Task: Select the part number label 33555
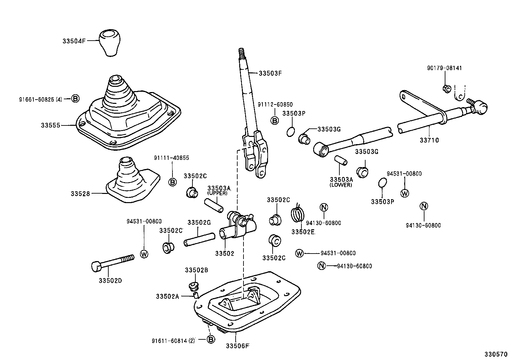click(50, 125)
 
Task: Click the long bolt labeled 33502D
click(113, 262)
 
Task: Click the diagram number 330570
click(496, 354)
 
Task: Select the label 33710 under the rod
click(429, 140)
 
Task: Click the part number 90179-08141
click(444, 68)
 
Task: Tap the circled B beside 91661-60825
click(75, 98)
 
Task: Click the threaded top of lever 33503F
click(242, 53)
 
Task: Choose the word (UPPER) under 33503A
click(217, 193)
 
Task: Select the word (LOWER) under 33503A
click(341, 185)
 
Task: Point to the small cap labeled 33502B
click(194, 286)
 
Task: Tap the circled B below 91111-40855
click(172, 182)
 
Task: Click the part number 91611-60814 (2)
click(173, 341)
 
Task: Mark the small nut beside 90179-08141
click(446, 88)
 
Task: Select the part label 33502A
click(167, 296)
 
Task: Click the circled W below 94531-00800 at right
click(405, 193)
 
